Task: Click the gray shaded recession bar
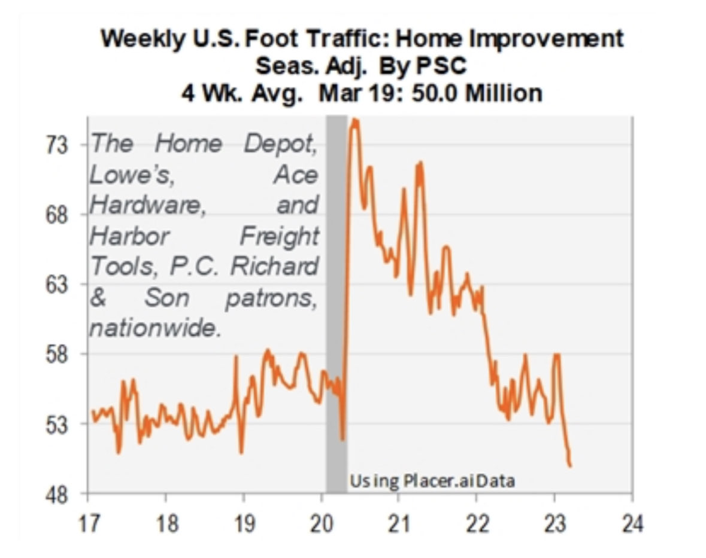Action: pos(336,299)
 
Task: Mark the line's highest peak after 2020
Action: pos(354,121)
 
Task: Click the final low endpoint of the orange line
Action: pos(570,466)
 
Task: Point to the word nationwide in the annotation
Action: pos(153,328)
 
